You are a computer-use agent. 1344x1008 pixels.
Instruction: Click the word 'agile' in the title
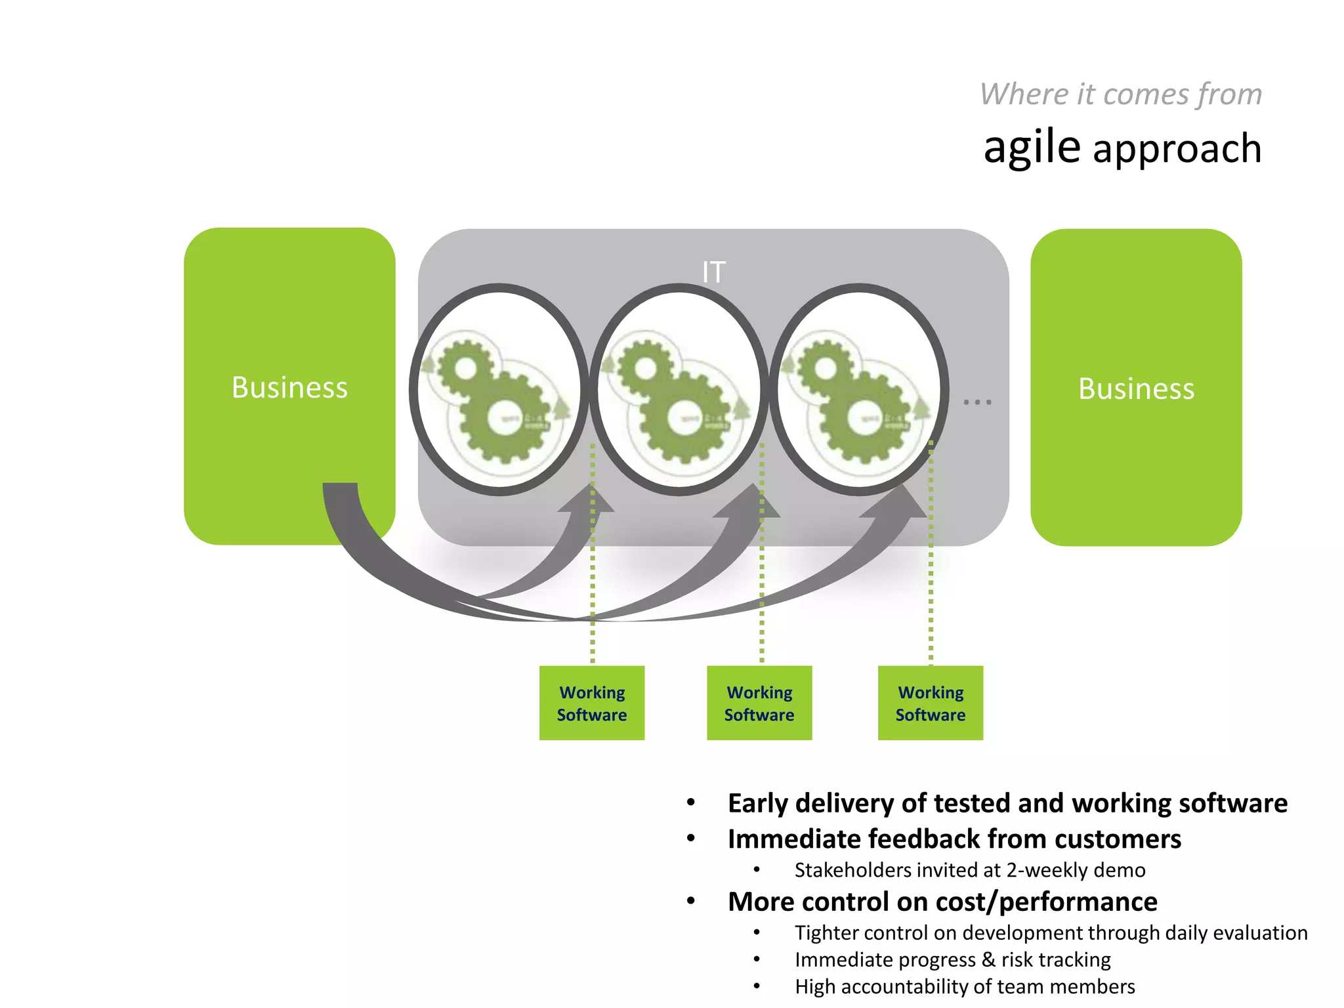click(1031, 147)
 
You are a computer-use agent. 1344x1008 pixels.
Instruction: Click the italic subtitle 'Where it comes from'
click(1120, 94)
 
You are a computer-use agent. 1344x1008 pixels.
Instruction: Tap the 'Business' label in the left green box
click(289, 387)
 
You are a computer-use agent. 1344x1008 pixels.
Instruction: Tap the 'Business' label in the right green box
click(1136, 388)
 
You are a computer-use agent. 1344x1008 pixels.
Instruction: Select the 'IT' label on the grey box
click(713, 272)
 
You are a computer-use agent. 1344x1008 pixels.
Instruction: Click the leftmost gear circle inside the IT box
click(499, 390)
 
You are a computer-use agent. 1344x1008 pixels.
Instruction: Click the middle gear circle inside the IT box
click(679, 390)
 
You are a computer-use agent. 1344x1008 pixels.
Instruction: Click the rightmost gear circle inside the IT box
click(858, 390)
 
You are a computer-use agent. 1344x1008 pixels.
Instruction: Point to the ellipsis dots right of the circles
click(977, 402)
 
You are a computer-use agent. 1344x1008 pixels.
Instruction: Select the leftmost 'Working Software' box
click(591, 703)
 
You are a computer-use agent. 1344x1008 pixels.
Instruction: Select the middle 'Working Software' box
click(759, 703)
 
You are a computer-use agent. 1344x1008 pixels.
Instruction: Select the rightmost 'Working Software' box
click(931, 703)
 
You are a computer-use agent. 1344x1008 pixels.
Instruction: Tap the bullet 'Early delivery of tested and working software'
click(1007, 803)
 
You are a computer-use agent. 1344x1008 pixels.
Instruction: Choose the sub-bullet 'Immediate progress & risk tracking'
click(952, 959)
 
